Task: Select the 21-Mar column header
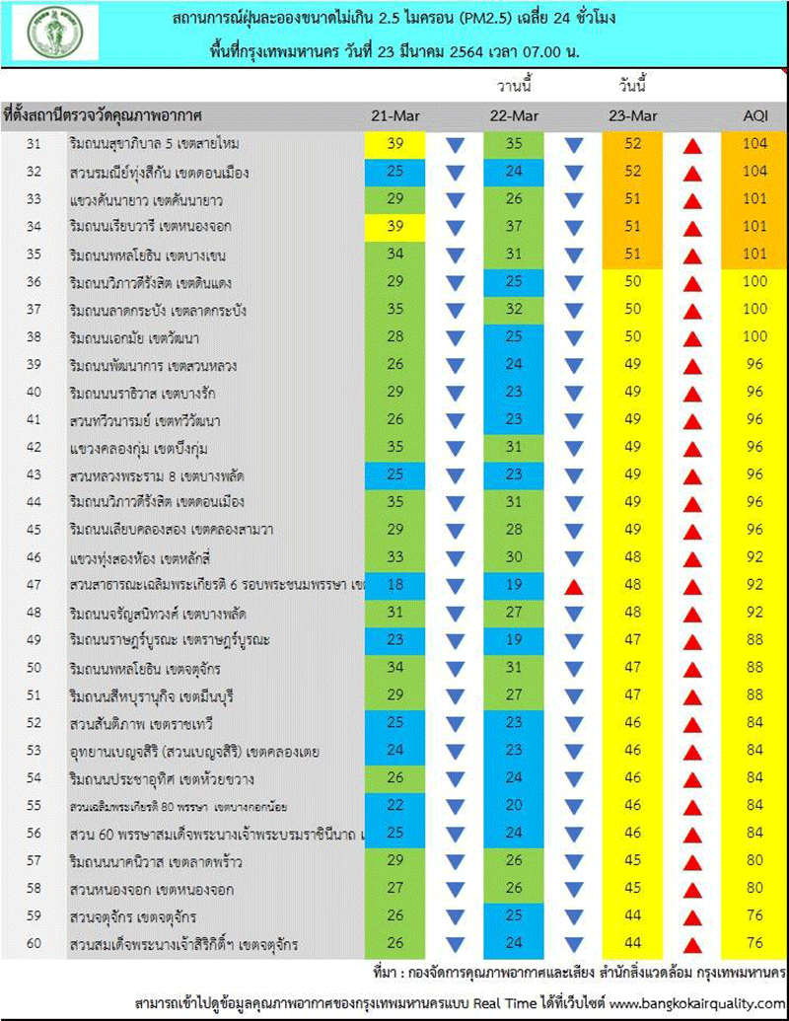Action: pyautogui.click(x=395, y=116)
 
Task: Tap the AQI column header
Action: pyautogui.click(x=755, y=116)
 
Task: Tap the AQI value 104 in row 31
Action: pyautogui.click(x=755, y=145)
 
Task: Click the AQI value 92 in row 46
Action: pyautogui.click(x=755, y=558)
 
